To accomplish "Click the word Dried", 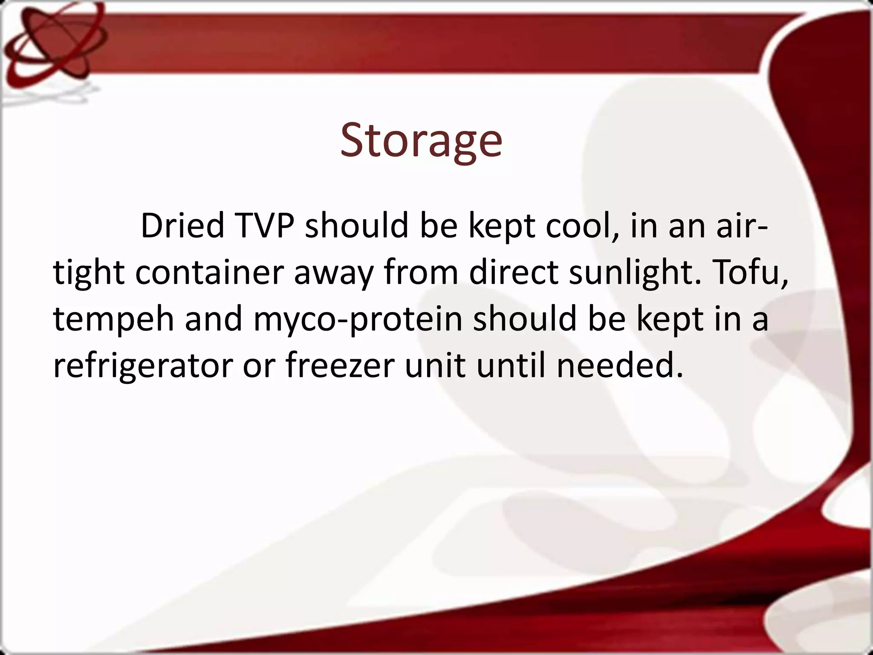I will [x=182, y=226].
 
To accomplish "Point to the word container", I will [x=209, y=272].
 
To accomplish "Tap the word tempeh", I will [x=113, y=319].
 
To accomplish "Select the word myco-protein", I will [x=358, y=319].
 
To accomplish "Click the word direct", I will [x=514, y=272].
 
